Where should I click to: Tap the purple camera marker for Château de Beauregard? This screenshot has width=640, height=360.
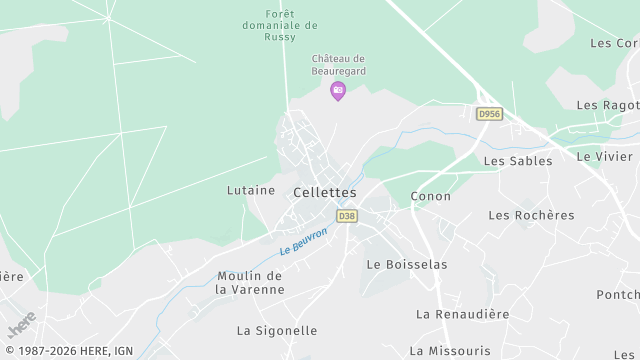tap(338, 91)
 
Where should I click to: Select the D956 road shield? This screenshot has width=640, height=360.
tap(489, 114)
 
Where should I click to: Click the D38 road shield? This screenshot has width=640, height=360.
tap(347, 215)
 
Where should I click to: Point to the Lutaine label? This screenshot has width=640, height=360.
tap(251, 190)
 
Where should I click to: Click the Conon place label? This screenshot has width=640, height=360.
tap(431, 196)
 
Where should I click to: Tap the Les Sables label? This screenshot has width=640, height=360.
tap(517, 160)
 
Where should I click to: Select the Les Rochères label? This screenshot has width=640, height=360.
tap(531, 215)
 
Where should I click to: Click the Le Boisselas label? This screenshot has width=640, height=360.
tap(407, 264)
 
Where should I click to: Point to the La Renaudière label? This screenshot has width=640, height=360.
tap(463, 314)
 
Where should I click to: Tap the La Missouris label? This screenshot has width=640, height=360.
tap(453, 350)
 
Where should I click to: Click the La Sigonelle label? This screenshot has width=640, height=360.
tap(277, 330)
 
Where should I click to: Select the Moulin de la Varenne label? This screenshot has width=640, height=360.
tap(251, 282)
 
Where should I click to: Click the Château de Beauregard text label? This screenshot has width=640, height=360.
tap(338, 66)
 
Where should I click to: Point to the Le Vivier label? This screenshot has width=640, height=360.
tap(605, 156)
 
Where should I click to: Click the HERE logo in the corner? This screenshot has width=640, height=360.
tap(20, 326)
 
